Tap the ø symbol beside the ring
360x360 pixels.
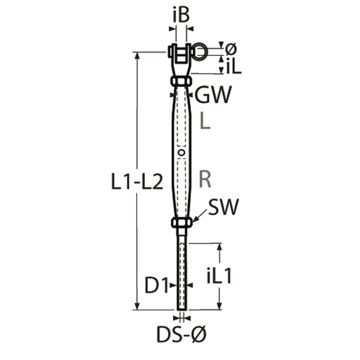point(231,48)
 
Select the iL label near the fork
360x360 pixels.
point(234,67)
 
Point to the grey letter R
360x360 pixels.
point(205,180)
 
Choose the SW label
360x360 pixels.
point(223,208)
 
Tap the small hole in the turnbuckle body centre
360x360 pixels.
point(182,153)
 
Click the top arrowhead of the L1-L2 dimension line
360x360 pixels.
point(137,55)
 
